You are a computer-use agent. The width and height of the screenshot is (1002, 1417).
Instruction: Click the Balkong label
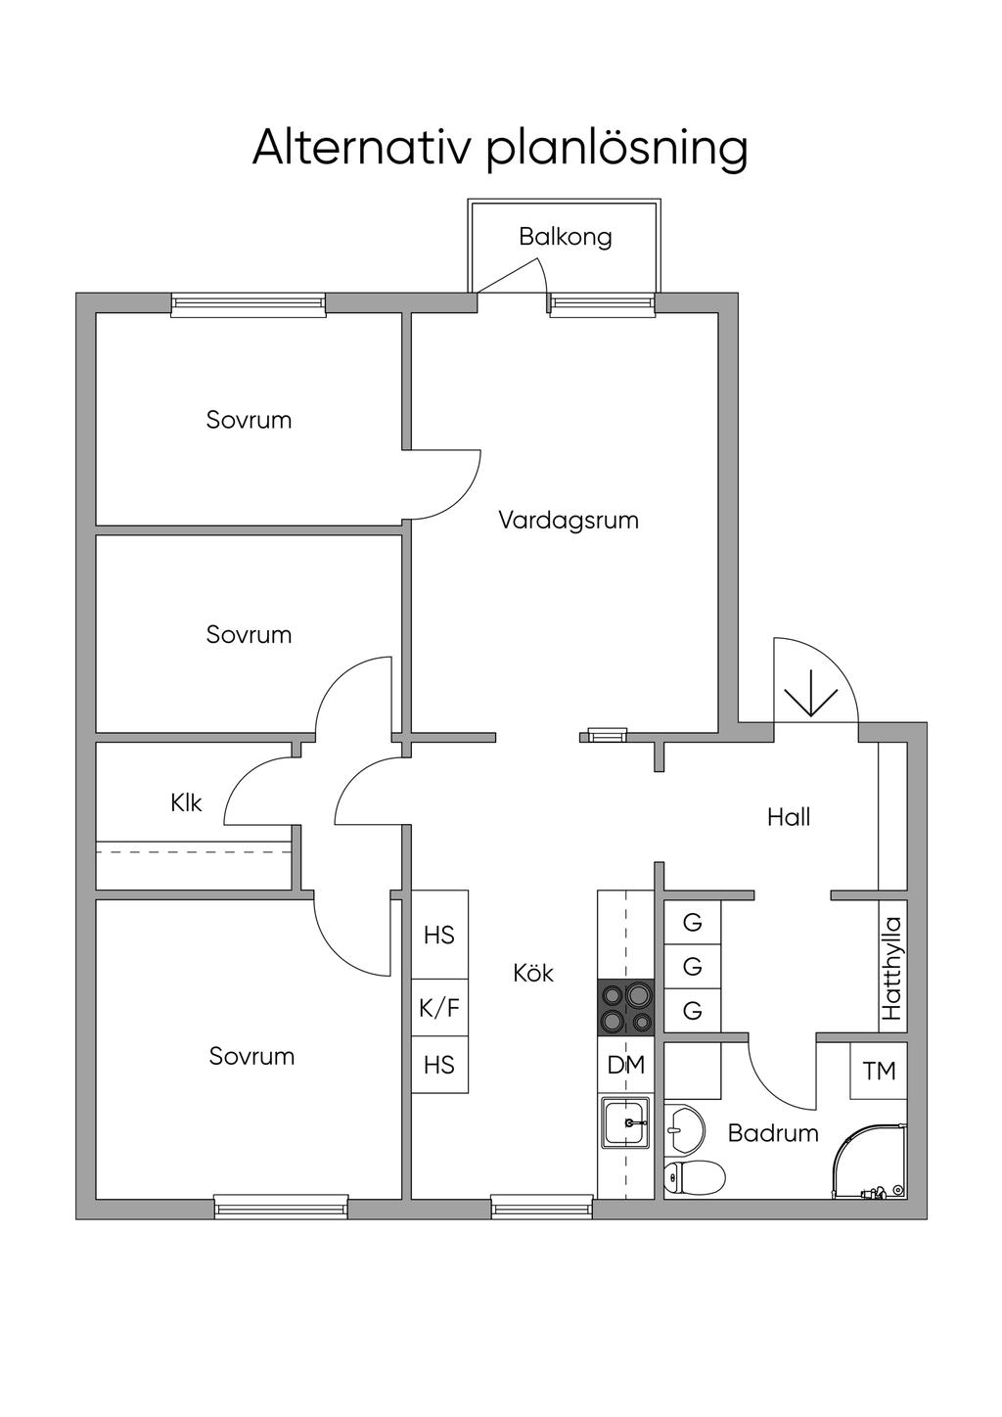pyautogui.click(x=566, y=237)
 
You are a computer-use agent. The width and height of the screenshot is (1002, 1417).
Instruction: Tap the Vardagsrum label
pyautogui.click(x=569, y=520)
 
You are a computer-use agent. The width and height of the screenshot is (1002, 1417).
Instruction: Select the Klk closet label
pyautogui.click(x=186, y=802)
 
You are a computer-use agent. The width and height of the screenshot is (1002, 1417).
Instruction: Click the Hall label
pyautogui.click(x=788, y=817)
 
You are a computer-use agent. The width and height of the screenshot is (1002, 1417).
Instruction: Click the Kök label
pyautogui.click(x=533, y=973)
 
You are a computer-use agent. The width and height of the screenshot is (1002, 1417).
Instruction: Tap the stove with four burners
pyautogui.click(x=625, y=1006)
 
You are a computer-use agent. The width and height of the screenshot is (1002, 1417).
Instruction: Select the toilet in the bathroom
pyautogui.click(x=695, y=1176)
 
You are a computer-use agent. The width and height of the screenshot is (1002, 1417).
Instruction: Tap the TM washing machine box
pyautogui.click(x=879, y=1071)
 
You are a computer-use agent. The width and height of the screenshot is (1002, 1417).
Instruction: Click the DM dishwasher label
pyautogui.click(x=625, y=1066)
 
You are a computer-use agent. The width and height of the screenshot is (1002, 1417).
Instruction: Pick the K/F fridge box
pyautogui.click(x=439, y=1007)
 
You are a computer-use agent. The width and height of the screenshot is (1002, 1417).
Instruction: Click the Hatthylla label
pyautogui.click(x=891, y=968)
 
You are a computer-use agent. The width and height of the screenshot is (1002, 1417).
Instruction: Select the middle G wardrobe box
pyautogui.click(x=693, y=967)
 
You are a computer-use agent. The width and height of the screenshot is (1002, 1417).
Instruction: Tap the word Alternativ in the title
pyautogui.click(x=360, y=148)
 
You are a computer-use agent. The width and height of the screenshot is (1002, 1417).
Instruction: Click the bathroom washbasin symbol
pyautogui.click(x=684, y=1130)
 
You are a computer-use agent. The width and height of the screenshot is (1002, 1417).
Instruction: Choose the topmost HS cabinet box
pyautogui.click(x=439, y=935)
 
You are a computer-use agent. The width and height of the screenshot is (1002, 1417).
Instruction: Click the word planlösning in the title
pyautogui.click(x=617, y=151)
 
